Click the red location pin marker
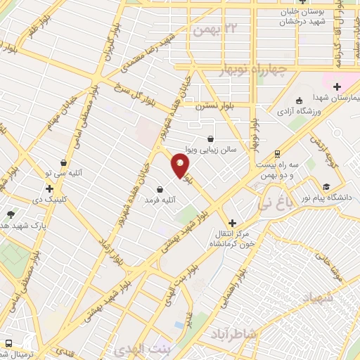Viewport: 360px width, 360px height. (x=181, y=166)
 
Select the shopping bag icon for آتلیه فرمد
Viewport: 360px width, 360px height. (x=161, y=189)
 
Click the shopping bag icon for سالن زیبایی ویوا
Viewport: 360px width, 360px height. (x=212, y=139)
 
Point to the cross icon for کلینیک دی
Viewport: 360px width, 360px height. (x=49, y=188)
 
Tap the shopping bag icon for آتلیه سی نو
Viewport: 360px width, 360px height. (x=63, y=163)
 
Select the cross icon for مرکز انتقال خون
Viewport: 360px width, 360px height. (x=232, y=222)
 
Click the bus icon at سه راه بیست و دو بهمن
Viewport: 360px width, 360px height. (x=278, y=153)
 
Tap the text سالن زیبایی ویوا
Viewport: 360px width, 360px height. (x=229, y=150)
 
